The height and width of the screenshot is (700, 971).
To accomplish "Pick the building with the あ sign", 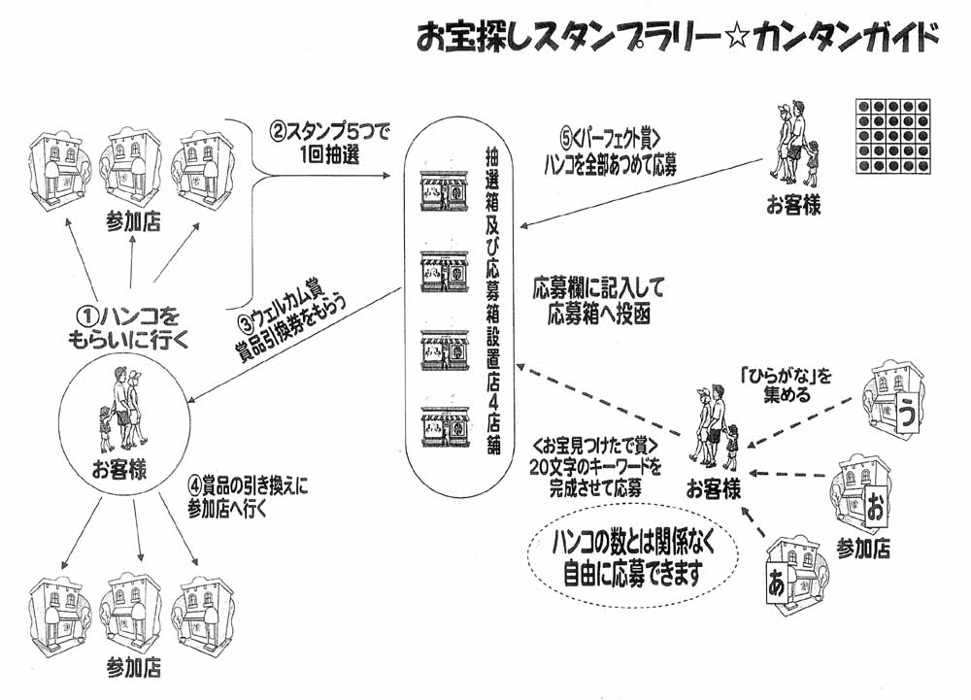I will (791, 573).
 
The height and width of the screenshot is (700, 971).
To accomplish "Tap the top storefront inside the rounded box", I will (444, 191).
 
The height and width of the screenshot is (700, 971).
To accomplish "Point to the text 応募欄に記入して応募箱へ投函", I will (597, 301).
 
